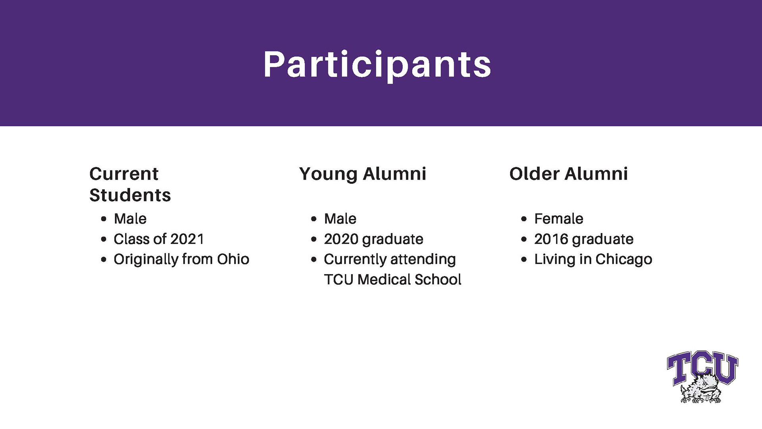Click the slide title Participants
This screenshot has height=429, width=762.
click(377, 65)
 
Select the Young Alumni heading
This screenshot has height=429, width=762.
click(363, 174)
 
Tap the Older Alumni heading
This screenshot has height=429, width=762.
click(569, 174)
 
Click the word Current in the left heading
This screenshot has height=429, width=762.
click(124, 174)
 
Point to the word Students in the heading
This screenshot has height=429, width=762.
click(130, 195)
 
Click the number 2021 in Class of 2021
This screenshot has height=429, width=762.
click(187, 239)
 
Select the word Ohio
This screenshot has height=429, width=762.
click(233, 259)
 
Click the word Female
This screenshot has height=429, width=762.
click(559, 219)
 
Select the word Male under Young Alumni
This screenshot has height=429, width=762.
click(340, 219)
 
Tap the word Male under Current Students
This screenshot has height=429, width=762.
click(130, 219)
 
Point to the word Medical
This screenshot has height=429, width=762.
click(383, 280)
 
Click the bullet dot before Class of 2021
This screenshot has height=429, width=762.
click(104, 240)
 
